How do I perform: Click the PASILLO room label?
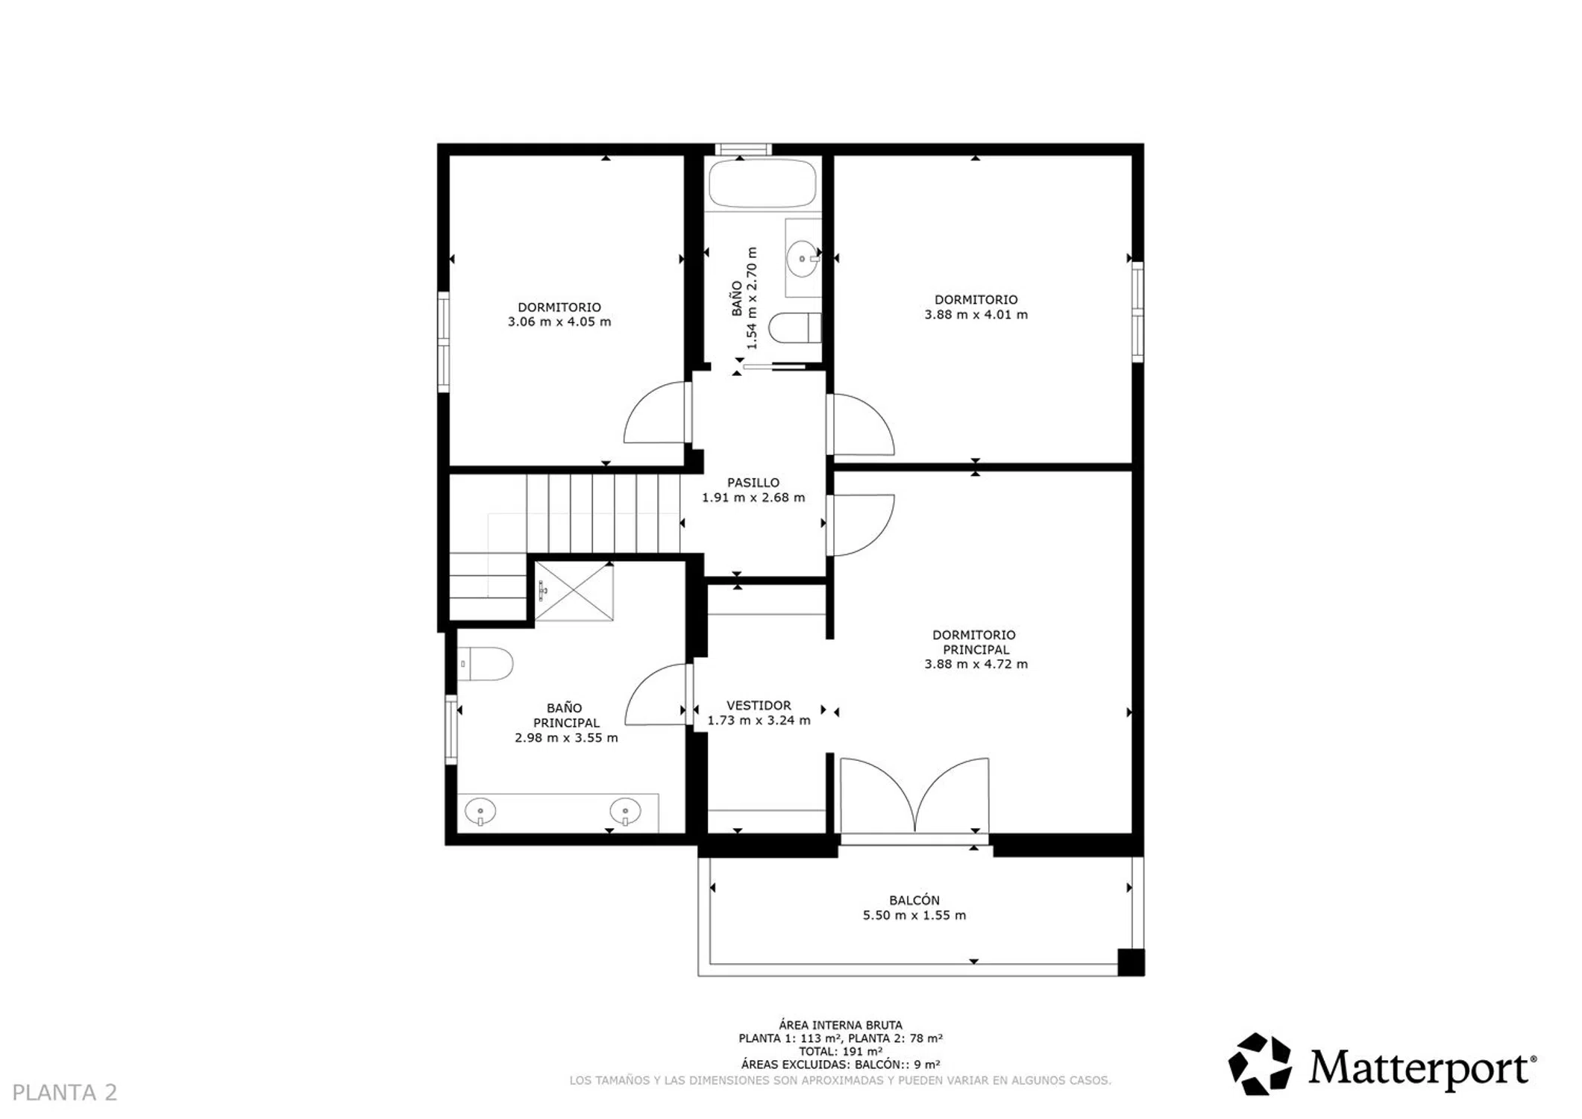[x=753, y=483]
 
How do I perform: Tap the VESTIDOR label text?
[x=759, y=706]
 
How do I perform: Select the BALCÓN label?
[x=914, y=900]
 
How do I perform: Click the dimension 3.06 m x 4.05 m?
[x=559, y=322]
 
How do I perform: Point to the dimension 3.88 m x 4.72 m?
[x=976, y=664]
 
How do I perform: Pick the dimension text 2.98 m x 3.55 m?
[x=566, y=738]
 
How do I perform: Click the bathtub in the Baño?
[x=762, y=184]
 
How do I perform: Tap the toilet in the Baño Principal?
[x=486, y=664]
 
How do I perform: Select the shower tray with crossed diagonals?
[x=574, y=592]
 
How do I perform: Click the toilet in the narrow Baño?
[x=795, y=327]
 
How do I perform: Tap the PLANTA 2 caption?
[x=65, y=1092]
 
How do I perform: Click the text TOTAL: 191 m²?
[x=841, y=1051]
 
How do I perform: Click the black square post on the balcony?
[x=1131, y=962]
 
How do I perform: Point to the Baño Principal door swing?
[x=655, y=694]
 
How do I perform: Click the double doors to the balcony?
[x=914, y=796]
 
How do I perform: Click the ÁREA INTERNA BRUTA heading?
[x=841, y=1025]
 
